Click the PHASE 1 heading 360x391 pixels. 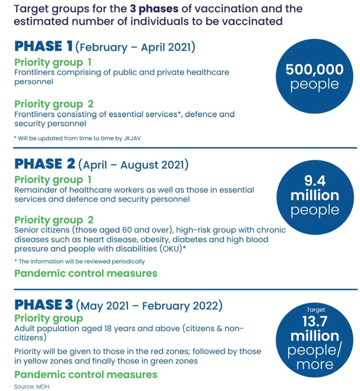(43, 47)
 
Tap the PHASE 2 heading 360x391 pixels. (45, 164)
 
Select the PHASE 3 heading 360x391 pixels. (43, 305)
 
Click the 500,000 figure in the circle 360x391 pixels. (315, 69)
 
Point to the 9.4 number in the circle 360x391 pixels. (315, 180)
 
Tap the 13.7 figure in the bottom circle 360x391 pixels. (315, 322)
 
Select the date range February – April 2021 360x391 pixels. (135, 48)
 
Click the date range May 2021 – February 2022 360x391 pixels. (149, 306)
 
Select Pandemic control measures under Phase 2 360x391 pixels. (86, 273)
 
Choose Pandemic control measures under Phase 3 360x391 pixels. (86, 374)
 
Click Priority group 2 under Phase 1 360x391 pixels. (54, 104)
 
